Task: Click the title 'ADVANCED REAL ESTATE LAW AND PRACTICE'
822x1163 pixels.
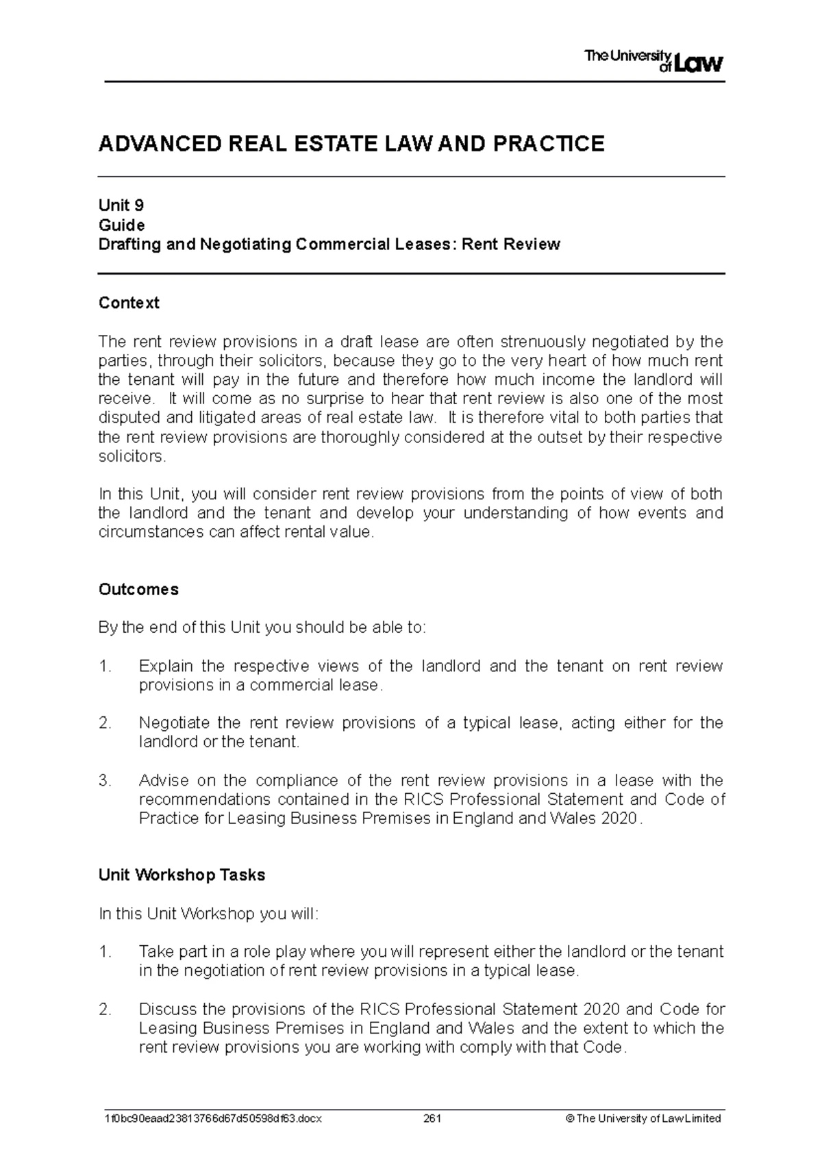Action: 351,144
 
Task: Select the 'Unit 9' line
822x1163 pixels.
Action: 121,205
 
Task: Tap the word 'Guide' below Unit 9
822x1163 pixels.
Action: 122,225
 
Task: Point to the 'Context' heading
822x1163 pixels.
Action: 129,303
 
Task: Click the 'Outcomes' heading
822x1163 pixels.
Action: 138,590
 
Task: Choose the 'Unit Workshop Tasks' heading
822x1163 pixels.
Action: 182,875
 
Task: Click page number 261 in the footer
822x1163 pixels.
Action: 432,1118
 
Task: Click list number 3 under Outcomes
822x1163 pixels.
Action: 104,781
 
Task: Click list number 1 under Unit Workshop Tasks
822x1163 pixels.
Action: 104,951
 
